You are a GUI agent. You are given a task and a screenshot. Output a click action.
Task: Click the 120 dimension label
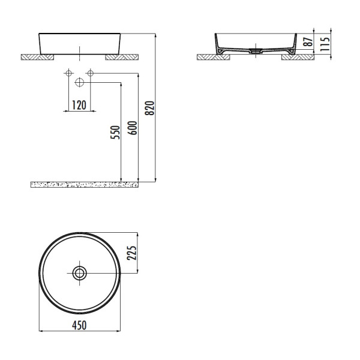point(79,105)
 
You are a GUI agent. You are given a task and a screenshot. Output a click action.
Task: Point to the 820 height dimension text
point(151,107)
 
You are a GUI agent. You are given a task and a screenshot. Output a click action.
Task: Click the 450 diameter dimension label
point(79,325)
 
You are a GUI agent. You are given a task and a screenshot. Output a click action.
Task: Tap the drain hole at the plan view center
point(79,273)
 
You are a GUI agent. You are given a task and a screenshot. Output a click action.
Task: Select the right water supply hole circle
point(90,74)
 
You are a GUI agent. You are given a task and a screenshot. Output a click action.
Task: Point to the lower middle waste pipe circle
point(79,83)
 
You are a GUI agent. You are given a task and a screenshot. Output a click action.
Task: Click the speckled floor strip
point(84,184)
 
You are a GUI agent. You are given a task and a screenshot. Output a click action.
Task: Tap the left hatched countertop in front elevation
point(37,58)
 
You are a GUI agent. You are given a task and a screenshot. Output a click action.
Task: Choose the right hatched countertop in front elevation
point(122,58)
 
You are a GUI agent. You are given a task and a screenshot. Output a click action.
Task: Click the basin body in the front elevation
point(79,42)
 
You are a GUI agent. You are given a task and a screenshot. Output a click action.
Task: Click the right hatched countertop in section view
point(300,58)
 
